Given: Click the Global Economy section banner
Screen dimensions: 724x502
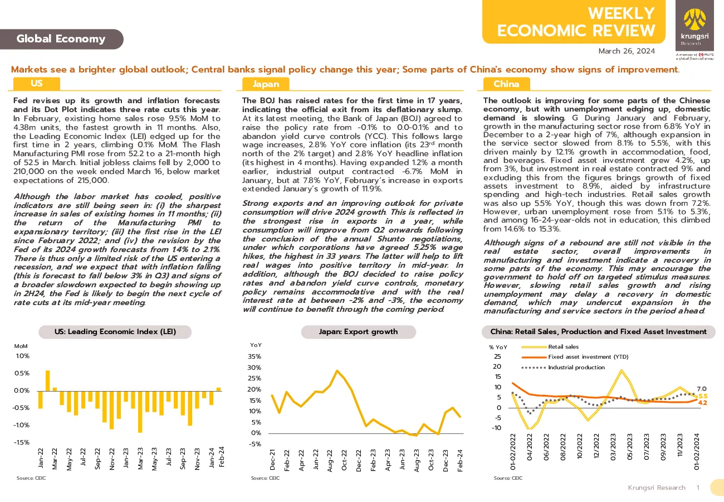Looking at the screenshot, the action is point(61,39).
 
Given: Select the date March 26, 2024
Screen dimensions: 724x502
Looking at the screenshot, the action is point(627,51).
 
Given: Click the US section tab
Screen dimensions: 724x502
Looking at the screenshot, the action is point(37,84).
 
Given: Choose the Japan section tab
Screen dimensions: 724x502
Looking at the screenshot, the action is point(266,84).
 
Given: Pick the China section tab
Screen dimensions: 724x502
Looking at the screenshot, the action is point(506,84).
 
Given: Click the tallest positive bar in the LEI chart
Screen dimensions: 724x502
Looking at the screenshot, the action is point(48,380).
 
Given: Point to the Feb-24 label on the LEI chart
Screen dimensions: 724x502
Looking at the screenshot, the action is point(222,457).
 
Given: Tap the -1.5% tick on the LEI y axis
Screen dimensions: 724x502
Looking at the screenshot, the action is point(21,442).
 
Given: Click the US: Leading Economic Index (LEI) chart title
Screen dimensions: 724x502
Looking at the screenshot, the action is point(115,332).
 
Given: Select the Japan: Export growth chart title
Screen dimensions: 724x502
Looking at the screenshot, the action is point(359,332).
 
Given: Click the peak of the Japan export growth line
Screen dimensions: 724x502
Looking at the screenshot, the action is point(337,370).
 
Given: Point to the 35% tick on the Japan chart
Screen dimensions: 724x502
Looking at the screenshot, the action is point(255,356).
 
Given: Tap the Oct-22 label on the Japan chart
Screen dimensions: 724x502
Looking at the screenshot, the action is point(344,460).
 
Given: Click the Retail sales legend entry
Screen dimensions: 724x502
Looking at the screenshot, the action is point(550,347).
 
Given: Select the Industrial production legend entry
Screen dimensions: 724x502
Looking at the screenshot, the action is point(562,368).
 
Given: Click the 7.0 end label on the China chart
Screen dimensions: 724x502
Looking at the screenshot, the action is point(701,389).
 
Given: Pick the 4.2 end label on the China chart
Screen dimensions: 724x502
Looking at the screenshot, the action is point(702,403).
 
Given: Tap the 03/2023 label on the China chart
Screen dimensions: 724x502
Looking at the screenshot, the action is point(613,447).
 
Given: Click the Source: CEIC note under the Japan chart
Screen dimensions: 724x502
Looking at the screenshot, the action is point(265,478).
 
